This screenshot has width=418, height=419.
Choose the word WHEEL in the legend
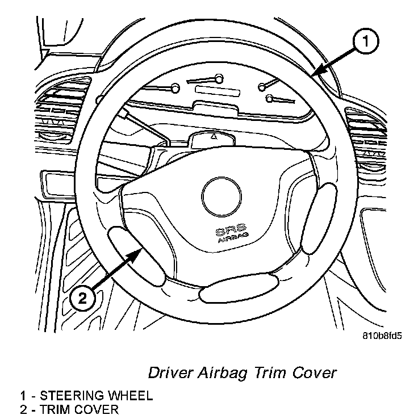(132, 396)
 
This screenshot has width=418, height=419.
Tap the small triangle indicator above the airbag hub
(213, 137)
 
